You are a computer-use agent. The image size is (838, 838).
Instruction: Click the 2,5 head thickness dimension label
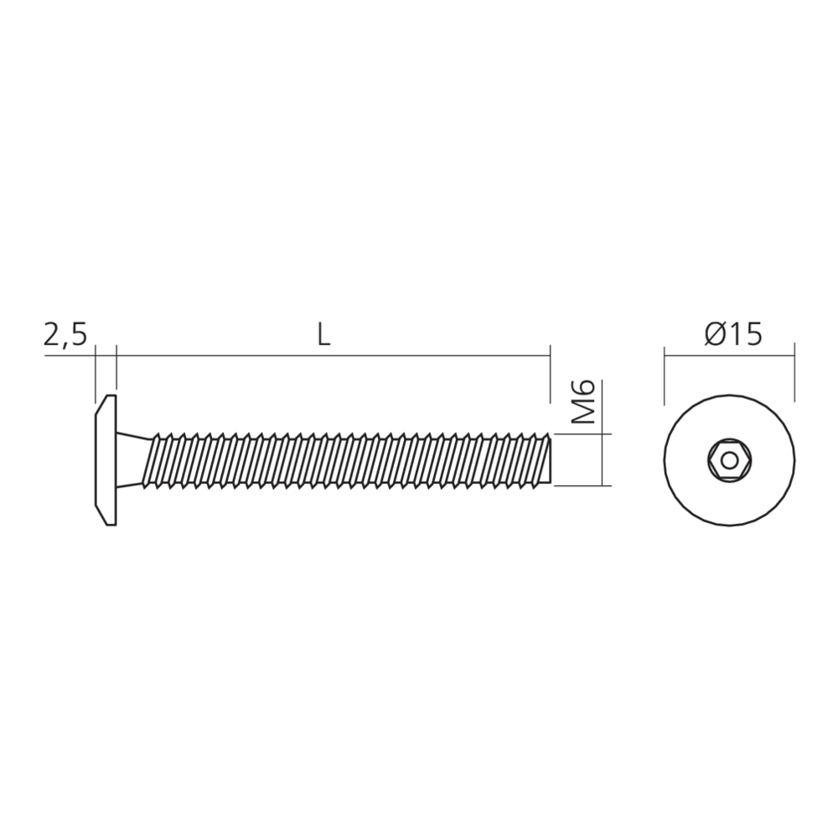click(65, 334)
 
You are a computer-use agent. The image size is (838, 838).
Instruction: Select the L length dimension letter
click(324, 334)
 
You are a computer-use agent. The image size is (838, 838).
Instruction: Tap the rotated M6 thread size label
click(585, 401)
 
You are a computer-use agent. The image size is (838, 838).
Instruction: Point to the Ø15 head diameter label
click(733, 334)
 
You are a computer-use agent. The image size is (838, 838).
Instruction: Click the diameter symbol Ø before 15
click(715, 334)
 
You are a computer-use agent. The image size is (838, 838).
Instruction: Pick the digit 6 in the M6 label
click(585, 390)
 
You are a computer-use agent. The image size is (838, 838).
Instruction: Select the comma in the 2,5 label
click(66, 344)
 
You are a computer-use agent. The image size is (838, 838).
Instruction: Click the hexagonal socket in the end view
click(729, 460)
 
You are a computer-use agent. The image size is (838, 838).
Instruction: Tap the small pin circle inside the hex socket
click(729, 460)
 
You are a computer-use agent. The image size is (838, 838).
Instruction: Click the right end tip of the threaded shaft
click(551, 459)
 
